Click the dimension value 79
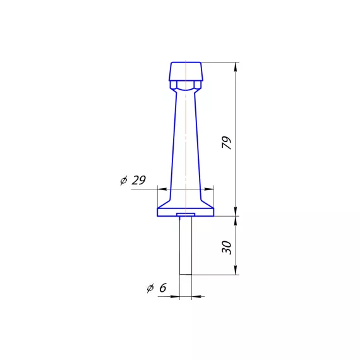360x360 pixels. coord(227,143)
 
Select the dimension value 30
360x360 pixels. coord(227,248)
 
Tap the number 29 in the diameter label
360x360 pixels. coord(139,180)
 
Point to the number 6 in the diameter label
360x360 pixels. coord(163,288)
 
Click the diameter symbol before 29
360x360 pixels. coord(124,181)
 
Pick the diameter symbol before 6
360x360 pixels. coord(150,289)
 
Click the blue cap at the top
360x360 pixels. coord(186,71)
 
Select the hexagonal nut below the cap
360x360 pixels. coord(186,85)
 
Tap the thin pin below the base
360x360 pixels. coord(186,245)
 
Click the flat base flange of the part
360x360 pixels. coord(186,212)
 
